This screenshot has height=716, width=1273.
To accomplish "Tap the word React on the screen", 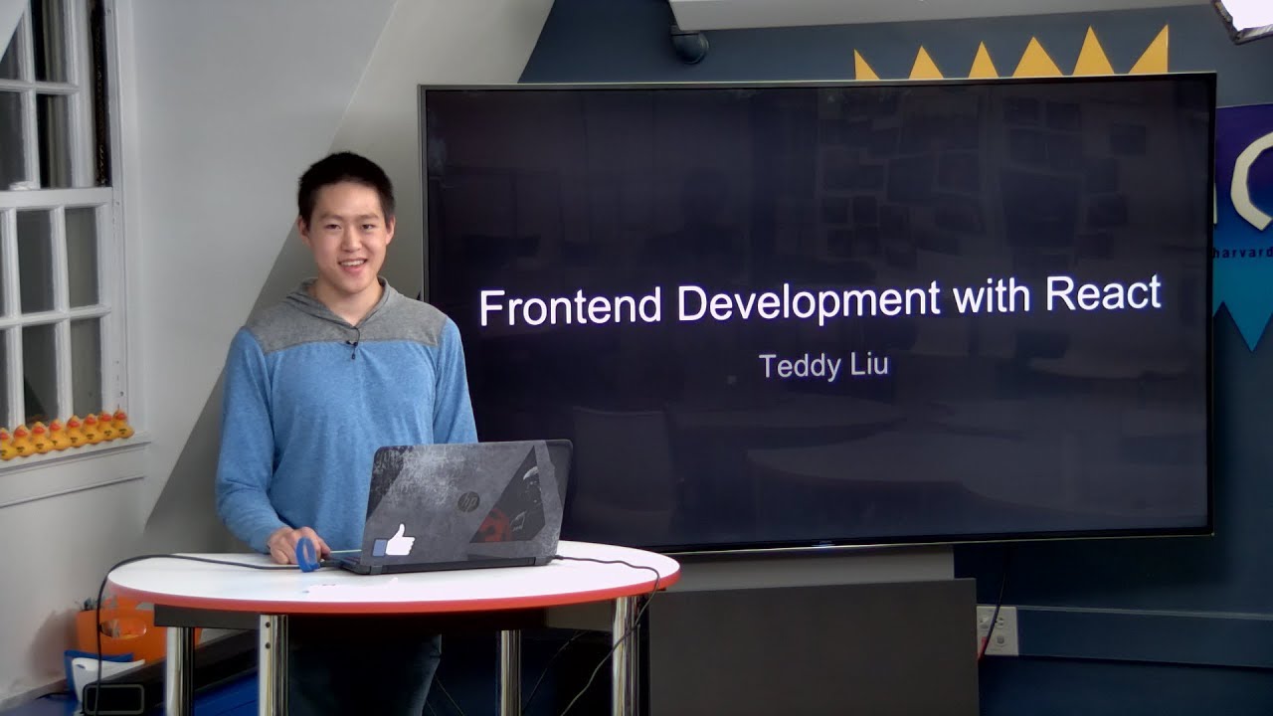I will [1103, 293].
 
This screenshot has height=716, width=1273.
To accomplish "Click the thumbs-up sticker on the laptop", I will [395, 541].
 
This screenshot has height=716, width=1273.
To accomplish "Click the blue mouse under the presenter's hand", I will [307, 554].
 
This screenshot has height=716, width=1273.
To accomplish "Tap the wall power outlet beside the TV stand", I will [997, 629].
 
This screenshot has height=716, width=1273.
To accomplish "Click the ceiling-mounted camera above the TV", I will [688, 44].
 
